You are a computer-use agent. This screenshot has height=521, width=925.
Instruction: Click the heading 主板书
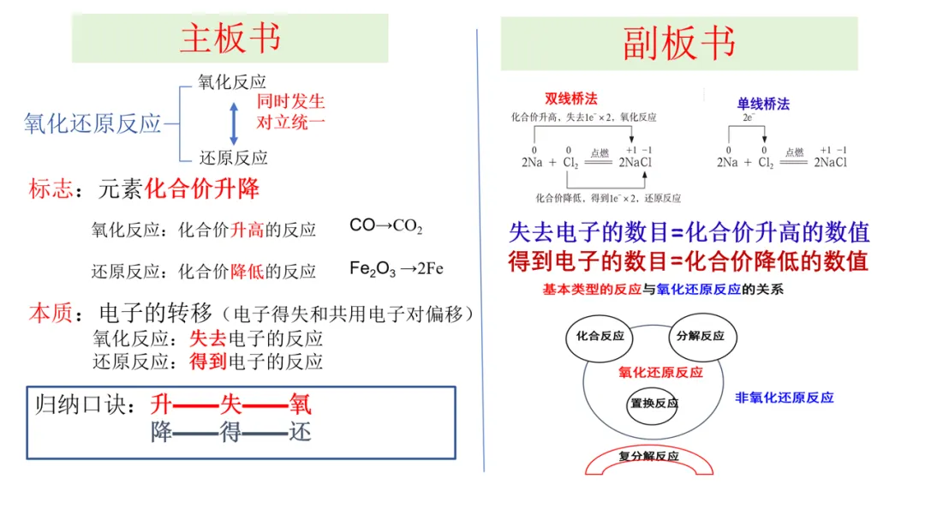(x=230, y=39)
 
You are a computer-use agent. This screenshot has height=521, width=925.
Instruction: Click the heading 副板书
(x=679, y=43)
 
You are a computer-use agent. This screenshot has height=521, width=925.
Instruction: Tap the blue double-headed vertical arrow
(x=234, y=123)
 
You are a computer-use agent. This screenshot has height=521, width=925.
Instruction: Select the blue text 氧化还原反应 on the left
(x=92, y=123)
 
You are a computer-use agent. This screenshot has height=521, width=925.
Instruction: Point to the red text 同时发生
(x=290, y=101)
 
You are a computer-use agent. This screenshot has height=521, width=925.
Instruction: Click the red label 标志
(x=51, y=189)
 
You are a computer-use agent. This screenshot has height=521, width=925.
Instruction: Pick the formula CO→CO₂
(x=385, y=226)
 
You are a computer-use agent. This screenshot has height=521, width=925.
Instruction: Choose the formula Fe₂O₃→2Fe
(x=396, y=269)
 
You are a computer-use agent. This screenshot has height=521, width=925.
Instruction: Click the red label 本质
(x=51, y=313)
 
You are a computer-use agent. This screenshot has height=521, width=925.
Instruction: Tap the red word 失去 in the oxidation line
(x=207, y=338)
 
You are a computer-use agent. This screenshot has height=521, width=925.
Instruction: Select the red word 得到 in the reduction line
(x=207, y=361)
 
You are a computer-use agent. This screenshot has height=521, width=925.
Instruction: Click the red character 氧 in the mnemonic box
(x=300, y=404)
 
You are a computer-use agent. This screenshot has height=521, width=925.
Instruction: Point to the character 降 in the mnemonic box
(x=161, y=432)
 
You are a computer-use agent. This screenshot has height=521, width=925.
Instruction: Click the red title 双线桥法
(x=570, y=99)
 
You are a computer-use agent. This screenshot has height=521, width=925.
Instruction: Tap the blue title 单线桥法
(x=763, y=104)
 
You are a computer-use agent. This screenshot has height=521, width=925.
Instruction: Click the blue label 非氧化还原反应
(x=784, y=398)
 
